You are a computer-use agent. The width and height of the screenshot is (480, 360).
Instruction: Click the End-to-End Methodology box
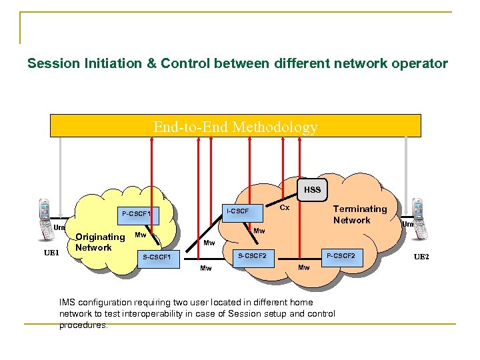tap(235, 126)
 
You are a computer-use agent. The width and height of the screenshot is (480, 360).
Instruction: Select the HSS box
tap(312, 190)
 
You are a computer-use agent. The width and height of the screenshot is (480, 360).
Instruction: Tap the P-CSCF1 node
tap(137, 213)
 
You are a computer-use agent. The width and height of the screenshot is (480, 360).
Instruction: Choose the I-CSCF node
tap(238, 211)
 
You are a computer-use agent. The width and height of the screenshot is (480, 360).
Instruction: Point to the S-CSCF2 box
tap(253, 255)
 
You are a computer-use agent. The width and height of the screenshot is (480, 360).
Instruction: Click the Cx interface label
tap(284, 207)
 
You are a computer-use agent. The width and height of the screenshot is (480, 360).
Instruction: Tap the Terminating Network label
tap(360, 215)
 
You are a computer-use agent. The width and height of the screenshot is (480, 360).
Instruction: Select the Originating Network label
tap(100, 242)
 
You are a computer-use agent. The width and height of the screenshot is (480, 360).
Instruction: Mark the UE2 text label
tap(421, 257)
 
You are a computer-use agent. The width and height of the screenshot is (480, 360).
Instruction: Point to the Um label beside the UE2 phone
tap(407, 225)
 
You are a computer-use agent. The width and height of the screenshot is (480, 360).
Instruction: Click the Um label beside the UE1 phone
tap(59, 227)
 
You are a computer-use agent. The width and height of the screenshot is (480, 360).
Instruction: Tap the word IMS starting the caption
tap(67, 302)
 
